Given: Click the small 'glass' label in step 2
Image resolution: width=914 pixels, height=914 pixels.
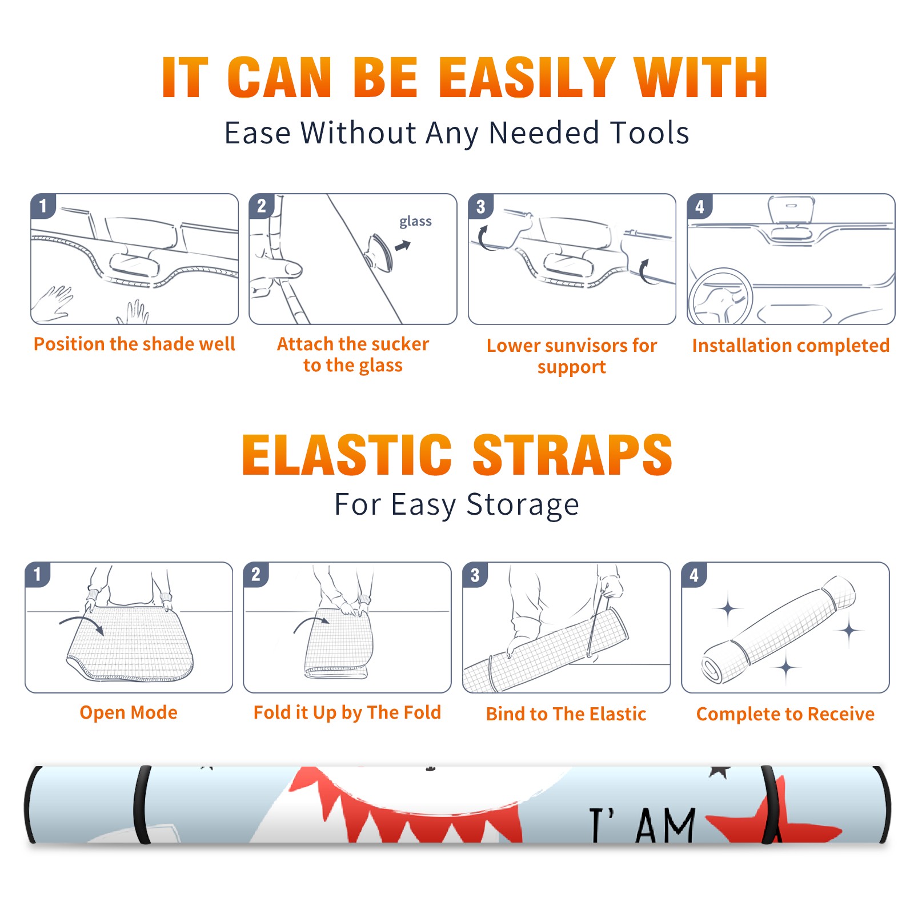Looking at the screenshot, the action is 415,222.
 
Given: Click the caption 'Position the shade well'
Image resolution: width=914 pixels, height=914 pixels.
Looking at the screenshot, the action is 134,344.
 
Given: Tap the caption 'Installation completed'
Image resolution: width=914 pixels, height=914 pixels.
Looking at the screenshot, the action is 791,345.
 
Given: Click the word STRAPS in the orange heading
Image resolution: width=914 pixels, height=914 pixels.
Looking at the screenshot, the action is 572,455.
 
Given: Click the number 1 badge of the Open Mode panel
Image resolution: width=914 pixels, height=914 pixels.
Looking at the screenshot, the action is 38,574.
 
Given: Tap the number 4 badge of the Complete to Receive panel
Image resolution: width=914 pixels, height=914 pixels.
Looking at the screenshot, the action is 694,574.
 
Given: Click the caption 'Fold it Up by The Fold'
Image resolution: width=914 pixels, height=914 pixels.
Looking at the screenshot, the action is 347,712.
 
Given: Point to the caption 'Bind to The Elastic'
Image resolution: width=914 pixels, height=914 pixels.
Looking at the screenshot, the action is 566,713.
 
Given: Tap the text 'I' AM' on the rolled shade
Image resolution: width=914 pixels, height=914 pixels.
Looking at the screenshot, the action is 643,825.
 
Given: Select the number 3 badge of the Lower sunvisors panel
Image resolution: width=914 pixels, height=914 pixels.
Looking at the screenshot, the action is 480,206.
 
